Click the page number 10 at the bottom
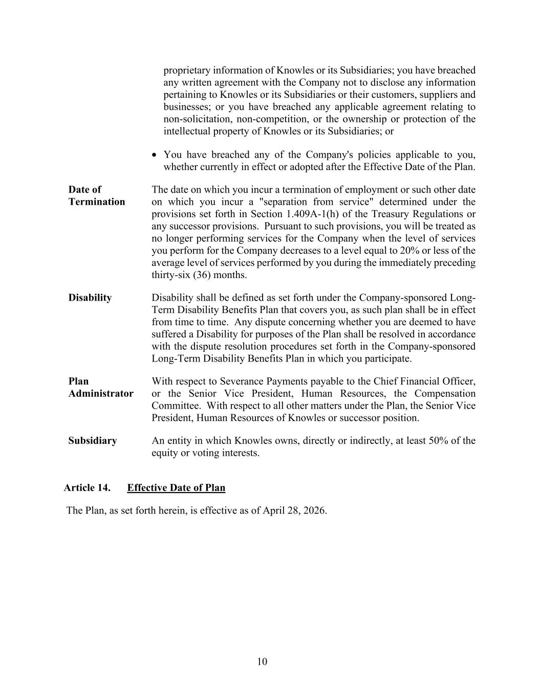(x=262, y=662)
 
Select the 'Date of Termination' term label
(x=96, y=196)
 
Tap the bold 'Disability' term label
(x=90, y=298)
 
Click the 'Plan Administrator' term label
(x=101, y=388)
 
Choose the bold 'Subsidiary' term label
(x=93, y=441)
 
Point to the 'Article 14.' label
(x=87, y=488)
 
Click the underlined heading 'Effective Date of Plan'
(x=176, y=488)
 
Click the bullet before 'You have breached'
(x=155, y=155)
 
